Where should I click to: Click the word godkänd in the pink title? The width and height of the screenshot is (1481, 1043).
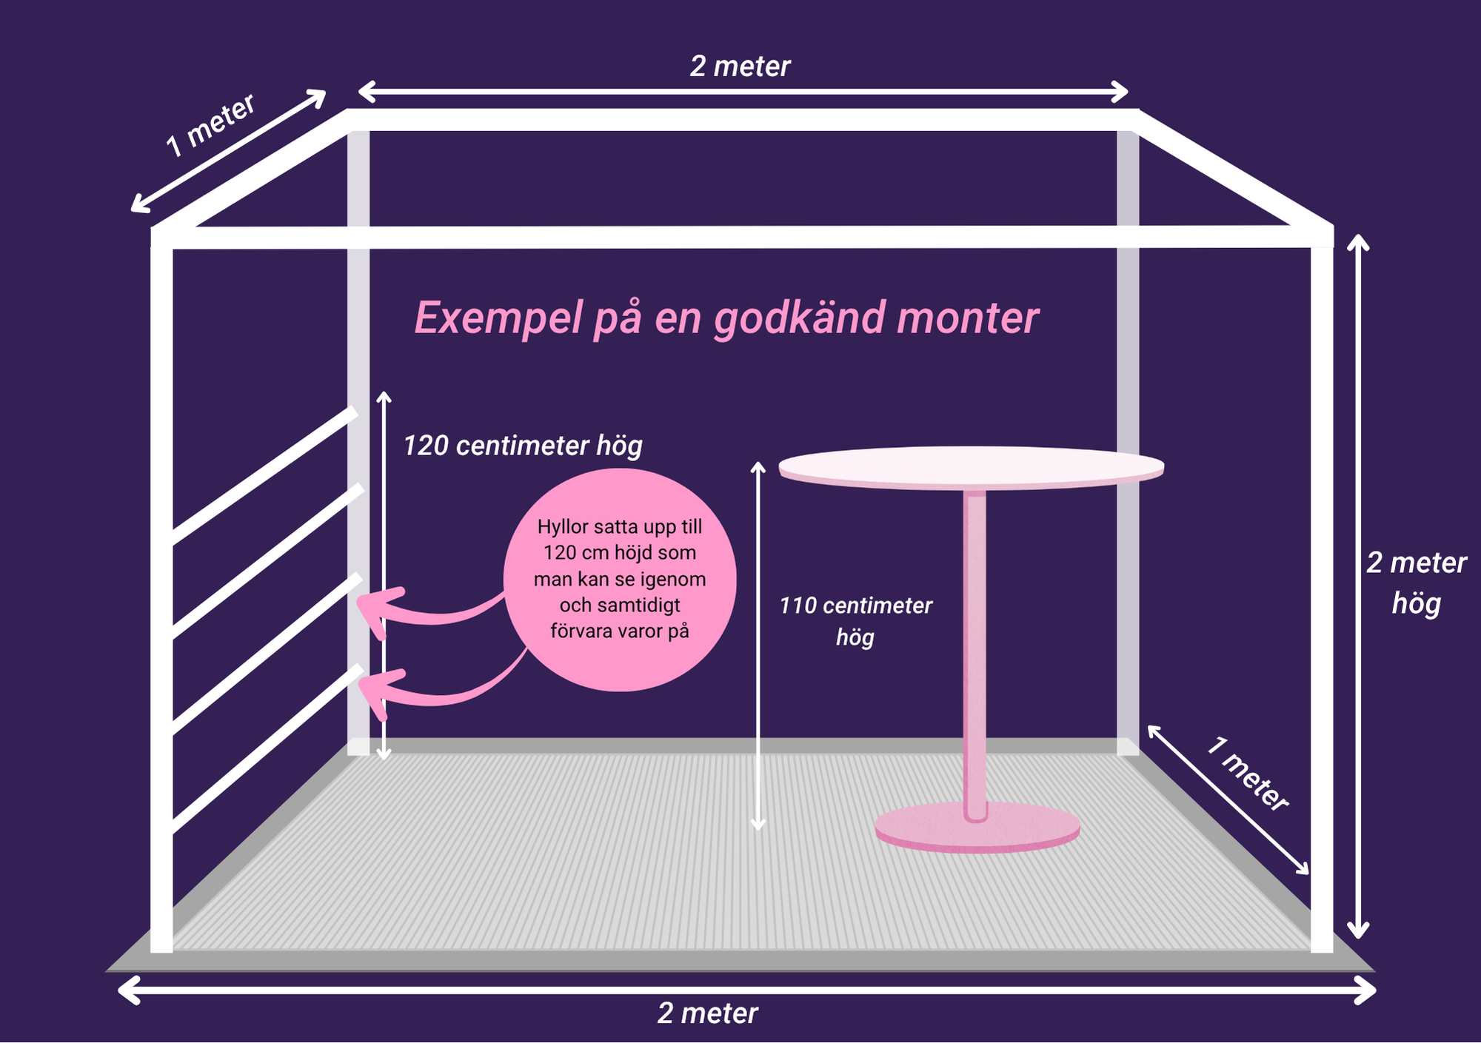[799, 318]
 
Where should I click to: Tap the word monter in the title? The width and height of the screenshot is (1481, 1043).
[968, 318]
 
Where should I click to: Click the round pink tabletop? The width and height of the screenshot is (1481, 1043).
[971, 467]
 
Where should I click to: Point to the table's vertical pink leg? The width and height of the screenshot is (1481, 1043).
[975, 644]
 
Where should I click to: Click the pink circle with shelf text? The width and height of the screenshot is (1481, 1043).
[620, 580]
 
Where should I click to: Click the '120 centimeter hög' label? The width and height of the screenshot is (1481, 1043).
[523, 446]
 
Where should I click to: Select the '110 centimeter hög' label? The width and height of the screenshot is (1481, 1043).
[855, 620]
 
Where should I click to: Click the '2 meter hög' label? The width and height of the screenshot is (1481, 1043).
[1416, 583]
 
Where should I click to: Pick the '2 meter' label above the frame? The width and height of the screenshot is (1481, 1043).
[740, 67]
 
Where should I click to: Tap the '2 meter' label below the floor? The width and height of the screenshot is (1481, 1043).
[707, 1013]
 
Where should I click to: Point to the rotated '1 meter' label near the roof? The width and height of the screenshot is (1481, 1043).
[210, 125]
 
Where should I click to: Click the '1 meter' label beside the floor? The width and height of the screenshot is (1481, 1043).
[1248, 774]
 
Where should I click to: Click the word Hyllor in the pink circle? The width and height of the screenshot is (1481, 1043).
[563, 527]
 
